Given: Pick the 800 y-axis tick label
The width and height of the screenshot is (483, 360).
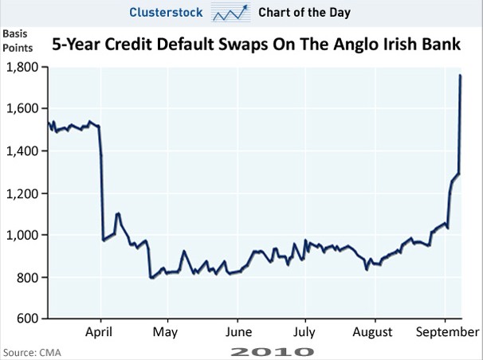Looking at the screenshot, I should click(27, 277).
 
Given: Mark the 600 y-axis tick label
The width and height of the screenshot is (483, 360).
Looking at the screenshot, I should click(27, 319).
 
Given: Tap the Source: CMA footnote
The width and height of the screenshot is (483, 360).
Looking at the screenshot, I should click(32, 351).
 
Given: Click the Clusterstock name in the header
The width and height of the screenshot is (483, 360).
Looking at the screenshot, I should click(167, 13).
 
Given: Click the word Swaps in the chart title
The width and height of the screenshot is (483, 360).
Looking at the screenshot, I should click(249, 45).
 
